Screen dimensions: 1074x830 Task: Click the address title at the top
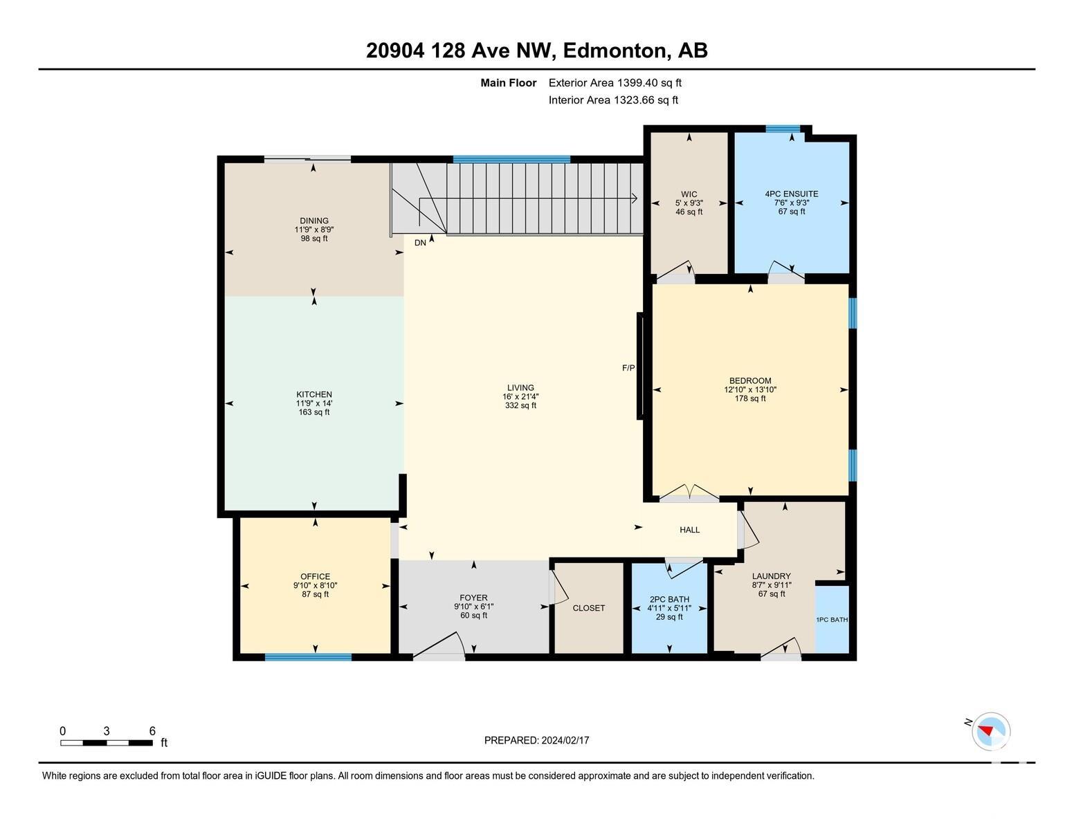[x=537, y=50]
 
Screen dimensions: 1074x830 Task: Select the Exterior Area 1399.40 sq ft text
[x=615, y=83]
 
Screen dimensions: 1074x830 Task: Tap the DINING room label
[x=314, y=221]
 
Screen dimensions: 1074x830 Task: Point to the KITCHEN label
[x=314, y=394]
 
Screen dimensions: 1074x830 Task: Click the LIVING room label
[x=520, y=387]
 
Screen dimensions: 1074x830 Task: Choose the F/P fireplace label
[x=628, y=368]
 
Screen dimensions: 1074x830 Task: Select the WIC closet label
[x=689, y=194]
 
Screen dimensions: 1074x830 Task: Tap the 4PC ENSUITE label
[x=791, y=194]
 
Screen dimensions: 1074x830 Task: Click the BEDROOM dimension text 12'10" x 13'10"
[x=750, y=389]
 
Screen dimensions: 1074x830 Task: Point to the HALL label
[x=689, y=530]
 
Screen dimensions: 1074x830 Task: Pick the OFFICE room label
[x=316, y=576]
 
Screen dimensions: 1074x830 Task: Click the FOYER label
[x=473, y=598]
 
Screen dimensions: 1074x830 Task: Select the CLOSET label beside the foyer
[x=589, y=608]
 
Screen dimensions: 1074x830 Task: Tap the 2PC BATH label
[x=669, y=600]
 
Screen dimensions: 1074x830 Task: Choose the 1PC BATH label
[x=832, y=620]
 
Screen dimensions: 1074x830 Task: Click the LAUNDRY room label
[x=771, y=576]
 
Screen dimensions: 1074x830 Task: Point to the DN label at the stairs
[x=420, y=243]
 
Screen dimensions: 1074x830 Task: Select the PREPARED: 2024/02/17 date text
[x=537, y=740]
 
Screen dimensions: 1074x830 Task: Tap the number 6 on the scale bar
[x=152, y=731]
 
